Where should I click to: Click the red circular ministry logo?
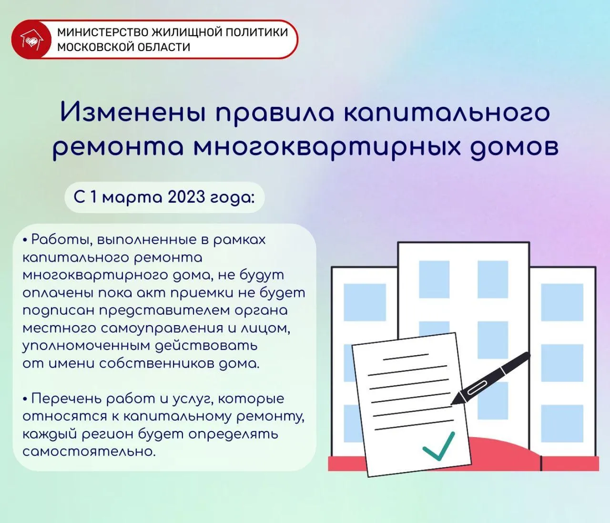point(31,40)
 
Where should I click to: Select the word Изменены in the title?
point(133,113)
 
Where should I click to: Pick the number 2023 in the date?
point(186,197)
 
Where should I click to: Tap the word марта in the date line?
point(132,197)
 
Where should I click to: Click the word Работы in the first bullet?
point(60,240)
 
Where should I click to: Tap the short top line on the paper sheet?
point(406,357)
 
